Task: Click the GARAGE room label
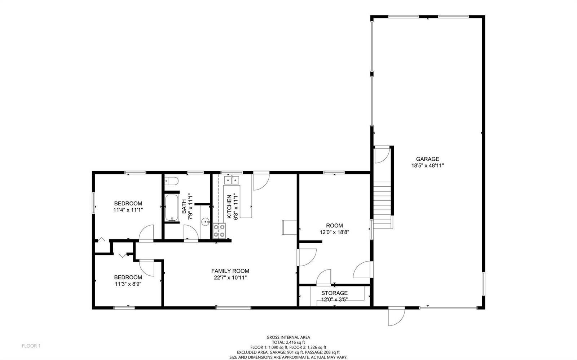tap(427, 159)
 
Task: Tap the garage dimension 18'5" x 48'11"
tap(427, 165)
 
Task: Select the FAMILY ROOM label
tap(230, 271)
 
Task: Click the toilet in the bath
tap(171, 181)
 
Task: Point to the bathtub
tap(172, 208)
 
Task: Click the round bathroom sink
tap(206, 222)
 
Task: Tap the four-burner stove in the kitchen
tap(219, 231)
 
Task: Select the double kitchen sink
tap(232, 180)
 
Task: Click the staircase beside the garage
tap(382, 205)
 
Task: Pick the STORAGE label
tap(334, 293)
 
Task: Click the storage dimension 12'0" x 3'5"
tap(334, 299)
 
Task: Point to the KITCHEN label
tap(229, 206)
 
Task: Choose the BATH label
tap(184, 206)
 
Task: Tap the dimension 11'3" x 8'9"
tap(128, 284)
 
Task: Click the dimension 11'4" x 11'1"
tap(128, 210)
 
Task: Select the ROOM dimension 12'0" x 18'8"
tap(334, 232)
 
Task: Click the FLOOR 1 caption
tap(31, 346)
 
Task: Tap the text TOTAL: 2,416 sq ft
tap(288, 342)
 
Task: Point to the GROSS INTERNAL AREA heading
tap(288, 337)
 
